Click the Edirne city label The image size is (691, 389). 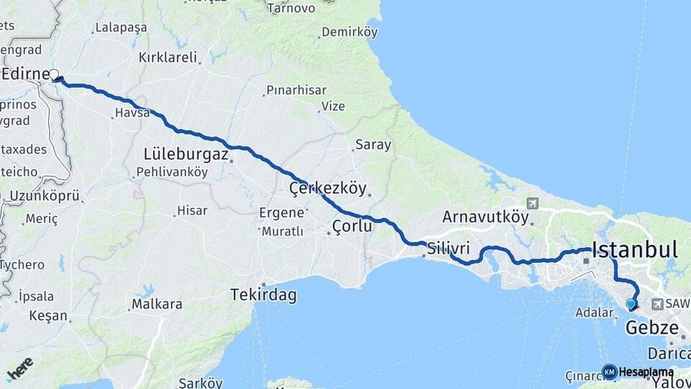point(25,75)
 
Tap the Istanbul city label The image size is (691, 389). point(634,251)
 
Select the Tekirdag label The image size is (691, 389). point(263,295)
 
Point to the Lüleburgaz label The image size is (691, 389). point(186,154)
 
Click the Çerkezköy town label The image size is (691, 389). point(328,189)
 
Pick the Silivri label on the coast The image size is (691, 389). point(448,249)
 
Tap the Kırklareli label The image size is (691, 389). point(168,58)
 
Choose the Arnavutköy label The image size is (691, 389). point(485,217)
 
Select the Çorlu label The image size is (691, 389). point(352,227)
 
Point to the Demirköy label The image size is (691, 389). point(350,32)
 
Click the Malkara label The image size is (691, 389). point(156,304)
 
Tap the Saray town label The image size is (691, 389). point(373,145)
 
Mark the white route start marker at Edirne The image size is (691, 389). point(54,74)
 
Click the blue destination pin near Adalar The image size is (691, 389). point(631,304)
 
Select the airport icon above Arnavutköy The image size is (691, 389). point(532,204)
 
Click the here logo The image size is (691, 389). point(20,368)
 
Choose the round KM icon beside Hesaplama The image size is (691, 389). point(610,372)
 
